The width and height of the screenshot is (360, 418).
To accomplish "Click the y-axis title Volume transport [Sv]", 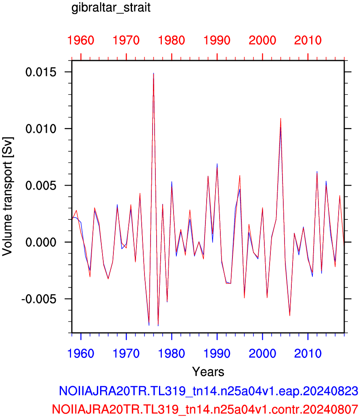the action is click(x=7, y=196).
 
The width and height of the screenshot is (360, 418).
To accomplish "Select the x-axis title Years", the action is click(x=208, y=372).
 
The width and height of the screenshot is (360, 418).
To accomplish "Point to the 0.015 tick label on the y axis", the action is click(x=41, y=72).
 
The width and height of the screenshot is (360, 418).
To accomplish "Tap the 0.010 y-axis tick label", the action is click(x=41, y=129).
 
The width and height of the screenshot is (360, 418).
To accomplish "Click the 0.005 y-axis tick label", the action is click(x=41, y=186).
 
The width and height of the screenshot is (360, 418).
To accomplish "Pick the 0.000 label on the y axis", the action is click(x=41, y=242).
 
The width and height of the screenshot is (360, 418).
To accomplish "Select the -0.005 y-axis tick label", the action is click(x=39, y=299).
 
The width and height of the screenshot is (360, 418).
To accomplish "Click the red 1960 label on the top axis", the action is click(x=81, y=40).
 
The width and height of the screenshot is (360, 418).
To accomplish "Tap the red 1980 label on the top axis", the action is click(x=172, y=40).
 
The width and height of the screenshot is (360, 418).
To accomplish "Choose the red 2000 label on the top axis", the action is click(x=262, y=40).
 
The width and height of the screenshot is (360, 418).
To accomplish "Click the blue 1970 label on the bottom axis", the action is click(x=126, y=354).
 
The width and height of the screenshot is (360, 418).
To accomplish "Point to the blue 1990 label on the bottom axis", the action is click(x=217, y=354).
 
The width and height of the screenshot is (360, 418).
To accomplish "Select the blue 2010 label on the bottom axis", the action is click(x=308, y=354).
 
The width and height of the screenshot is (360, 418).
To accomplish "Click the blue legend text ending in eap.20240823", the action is click(x=208, y=391).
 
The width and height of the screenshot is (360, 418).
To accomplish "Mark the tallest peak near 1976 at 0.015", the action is click(x=153, y=73).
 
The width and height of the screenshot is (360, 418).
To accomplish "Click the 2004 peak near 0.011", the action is click(x=280, y=119).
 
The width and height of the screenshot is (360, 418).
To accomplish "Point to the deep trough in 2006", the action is click(x=290, y=316).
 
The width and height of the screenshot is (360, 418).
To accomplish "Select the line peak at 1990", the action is click(x=217, y=164).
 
